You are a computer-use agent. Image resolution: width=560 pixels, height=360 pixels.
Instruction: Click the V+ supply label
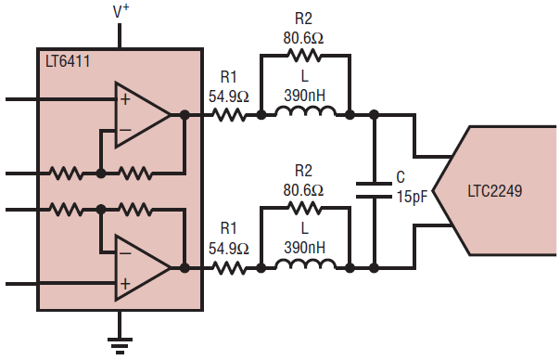click(x=121, y=11)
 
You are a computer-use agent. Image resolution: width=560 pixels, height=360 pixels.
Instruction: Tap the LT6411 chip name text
click(x=68, y=61)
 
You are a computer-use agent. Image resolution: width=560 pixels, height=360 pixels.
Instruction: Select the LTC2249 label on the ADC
click(x=495, y=191)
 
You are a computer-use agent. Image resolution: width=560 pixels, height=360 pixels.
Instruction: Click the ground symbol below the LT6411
click(x=120, y=345)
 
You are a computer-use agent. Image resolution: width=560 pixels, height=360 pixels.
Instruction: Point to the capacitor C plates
click(x=374, y=190)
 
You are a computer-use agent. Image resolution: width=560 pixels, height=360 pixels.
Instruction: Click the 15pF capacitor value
click(x=413, y=197)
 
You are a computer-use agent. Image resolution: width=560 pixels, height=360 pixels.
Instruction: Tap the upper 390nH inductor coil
click(x=305, y=110)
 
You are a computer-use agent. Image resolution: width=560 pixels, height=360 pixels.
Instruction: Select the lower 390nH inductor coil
click(x=305, y=264)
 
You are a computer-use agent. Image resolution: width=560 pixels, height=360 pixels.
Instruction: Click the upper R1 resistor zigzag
click(x=229, y=115)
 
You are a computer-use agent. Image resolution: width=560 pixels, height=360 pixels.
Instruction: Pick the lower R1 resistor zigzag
click(x=229, y=268)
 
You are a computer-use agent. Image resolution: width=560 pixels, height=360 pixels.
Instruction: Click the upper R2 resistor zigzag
click(x=304, y=55)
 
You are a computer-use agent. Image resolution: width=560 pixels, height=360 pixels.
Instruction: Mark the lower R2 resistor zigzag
click(x=304, y=208)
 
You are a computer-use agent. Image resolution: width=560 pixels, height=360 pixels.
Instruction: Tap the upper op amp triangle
click(x=142, y=115)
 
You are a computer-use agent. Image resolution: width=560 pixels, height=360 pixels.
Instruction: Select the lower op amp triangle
click(x=142, y=268)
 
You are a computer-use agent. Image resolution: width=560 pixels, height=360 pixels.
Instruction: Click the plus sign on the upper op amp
click(x=125, y=99)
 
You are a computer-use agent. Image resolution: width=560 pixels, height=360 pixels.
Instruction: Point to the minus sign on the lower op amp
click(x=125, y=253)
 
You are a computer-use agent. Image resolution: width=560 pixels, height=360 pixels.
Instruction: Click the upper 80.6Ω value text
click(x=303, y=37)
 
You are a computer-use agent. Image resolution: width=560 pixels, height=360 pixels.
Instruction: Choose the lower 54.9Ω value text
click(x=229, y=249)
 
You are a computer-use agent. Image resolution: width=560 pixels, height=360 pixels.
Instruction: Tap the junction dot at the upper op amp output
click(x=185, y=115)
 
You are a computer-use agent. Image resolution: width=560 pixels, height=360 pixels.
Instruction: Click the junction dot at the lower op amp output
click(x=185, y=268)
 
